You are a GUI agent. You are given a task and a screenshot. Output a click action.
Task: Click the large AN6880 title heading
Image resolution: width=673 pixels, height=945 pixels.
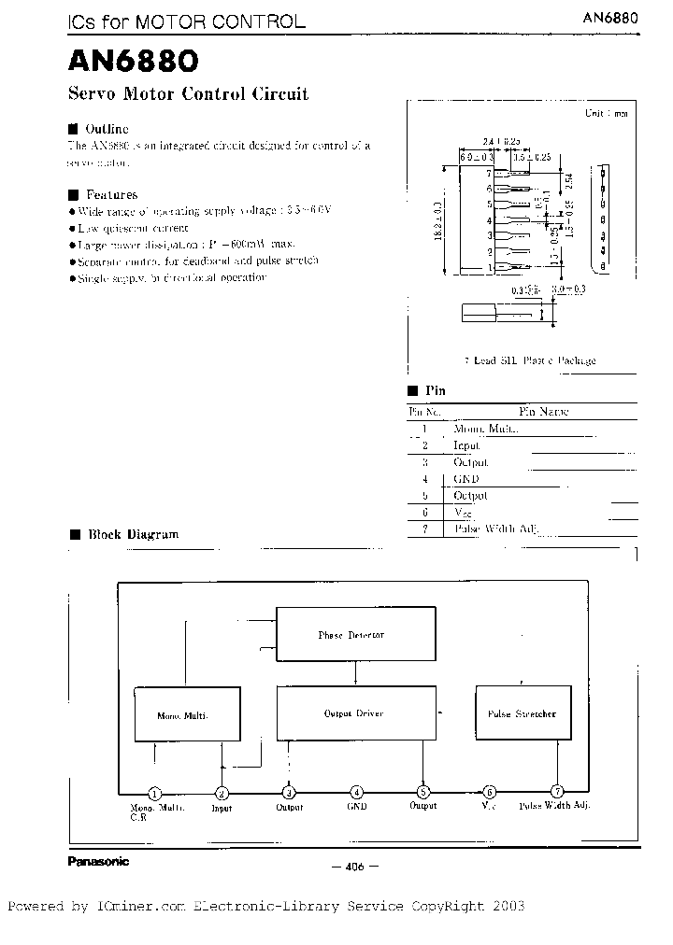click(132, 63)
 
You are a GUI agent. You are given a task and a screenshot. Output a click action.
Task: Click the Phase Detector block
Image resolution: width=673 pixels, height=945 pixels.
click(355, 635)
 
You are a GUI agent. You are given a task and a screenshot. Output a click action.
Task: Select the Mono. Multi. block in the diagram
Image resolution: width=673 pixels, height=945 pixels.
click(181, 716)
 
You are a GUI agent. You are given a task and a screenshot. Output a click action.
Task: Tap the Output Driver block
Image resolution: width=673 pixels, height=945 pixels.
click(355, 713)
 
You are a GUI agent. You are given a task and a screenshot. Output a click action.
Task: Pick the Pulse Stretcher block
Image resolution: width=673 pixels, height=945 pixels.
click(522, 713)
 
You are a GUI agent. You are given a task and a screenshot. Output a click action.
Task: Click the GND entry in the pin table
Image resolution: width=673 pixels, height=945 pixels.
click(466, 479)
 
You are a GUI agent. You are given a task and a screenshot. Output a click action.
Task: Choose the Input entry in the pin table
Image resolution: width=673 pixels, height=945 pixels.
click(466, 446)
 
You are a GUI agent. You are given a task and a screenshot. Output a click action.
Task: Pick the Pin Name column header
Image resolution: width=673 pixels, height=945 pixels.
click(543, 412)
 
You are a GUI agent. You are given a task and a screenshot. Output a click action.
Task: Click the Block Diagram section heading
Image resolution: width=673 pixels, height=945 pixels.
click(133, 535)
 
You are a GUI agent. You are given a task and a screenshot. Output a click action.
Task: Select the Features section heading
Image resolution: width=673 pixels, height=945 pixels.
click(111, 195)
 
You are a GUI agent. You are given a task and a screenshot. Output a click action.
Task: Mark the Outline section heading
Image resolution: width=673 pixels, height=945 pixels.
click(107, 129)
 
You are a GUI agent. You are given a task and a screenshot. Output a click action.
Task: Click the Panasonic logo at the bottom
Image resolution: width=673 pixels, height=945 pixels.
click(98, 861)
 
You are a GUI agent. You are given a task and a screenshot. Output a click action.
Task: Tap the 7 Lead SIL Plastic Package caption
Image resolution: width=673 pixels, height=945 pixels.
click(530, 360)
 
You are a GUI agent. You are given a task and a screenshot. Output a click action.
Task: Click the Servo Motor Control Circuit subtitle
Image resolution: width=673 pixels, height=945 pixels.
click(188, 94)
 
